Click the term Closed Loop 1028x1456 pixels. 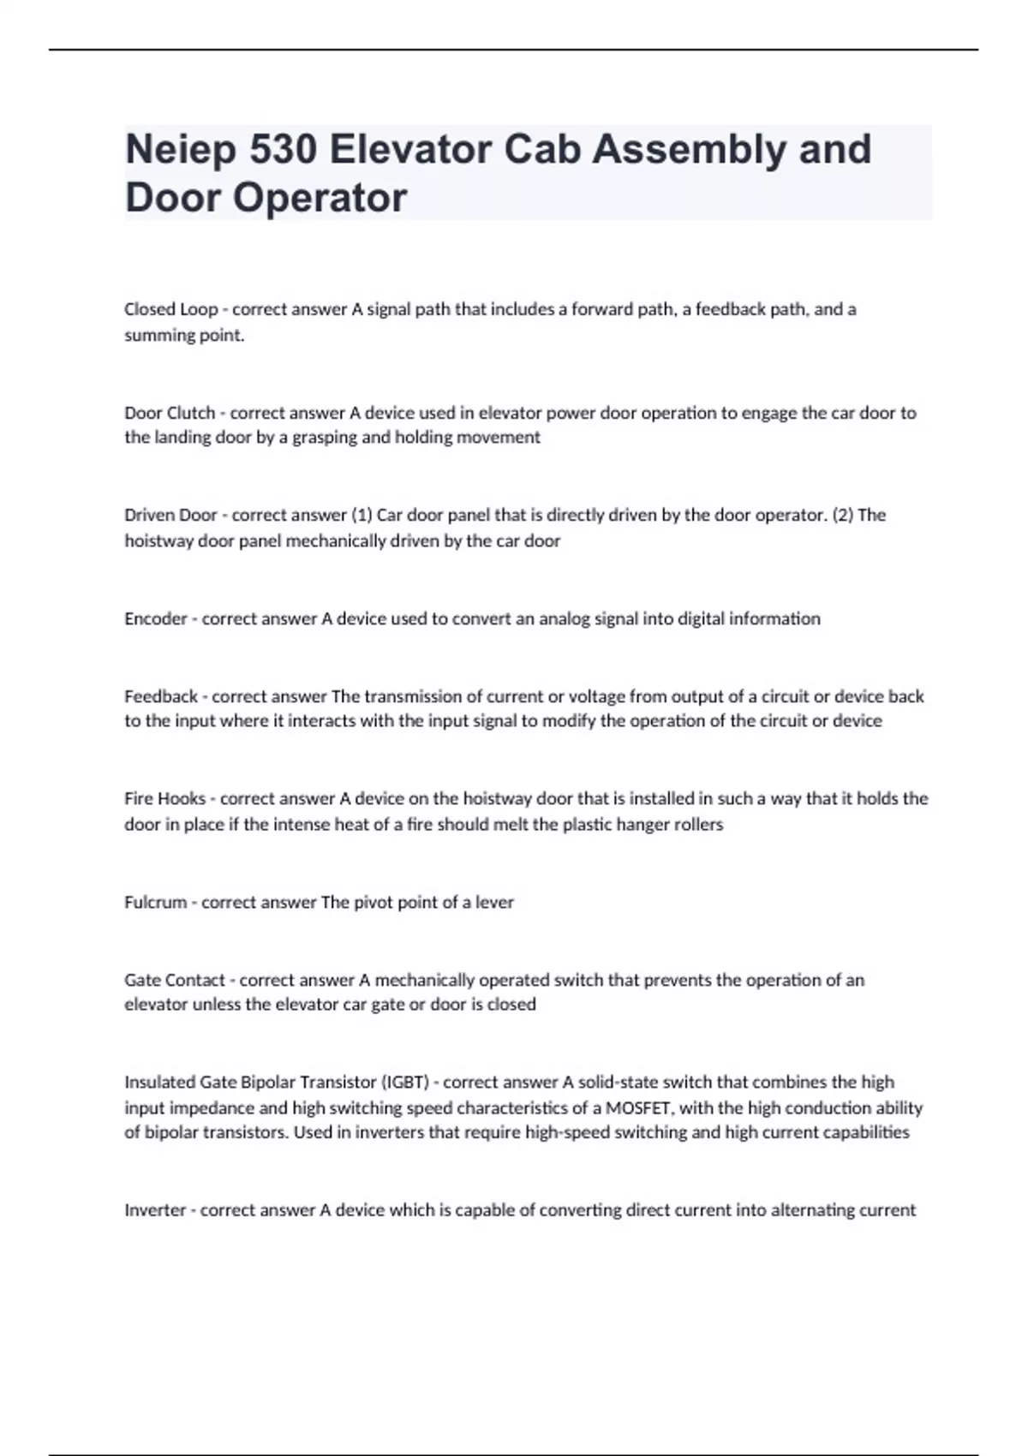pyautogui.click(x=170, y=309)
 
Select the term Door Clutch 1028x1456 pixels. pyautogui.click(x=170, y=413)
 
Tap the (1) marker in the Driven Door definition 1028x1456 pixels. pyautogui.click(x=362, y=515)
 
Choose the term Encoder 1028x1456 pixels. pyautogui.click(x=155, y=618)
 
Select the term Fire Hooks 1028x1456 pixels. pyautogui.click(x=164, y=798)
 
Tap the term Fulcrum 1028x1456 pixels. pyautogui.click(x=155, y=902)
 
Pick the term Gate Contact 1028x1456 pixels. pyautogui.click(x=174, y=980)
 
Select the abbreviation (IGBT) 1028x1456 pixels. pyautogui.click(x=405, y=1082)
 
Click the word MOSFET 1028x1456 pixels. pyautogui.click(x=637, y=1108)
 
